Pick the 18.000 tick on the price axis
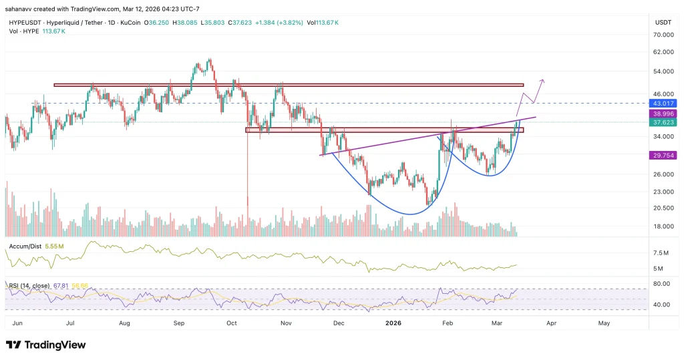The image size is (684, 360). click(662, 226)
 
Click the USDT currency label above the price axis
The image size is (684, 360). click(662, 23)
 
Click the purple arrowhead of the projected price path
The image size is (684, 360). click(542, 81)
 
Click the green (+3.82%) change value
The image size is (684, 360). click(285, 22)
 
